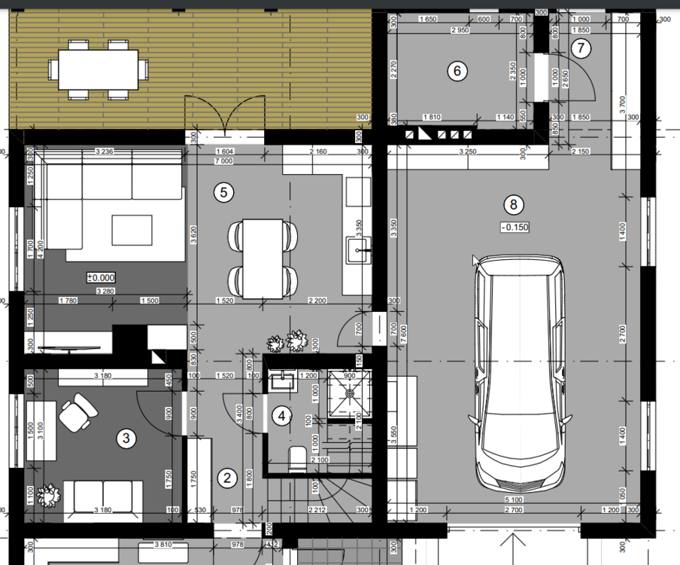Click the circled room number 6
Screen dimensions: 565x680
(x=457, y=72)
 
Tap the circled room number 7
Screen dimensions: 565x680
(x=581, y=48)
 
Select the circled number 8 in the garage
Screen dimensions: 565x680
(x=513, y=204)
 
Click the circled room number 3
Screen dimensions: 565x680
(x=126, y=437)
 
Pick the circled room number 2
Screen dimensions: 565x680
(x=226, y=477)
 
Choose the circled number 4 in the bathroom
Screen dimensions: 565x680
(x=281, y=415)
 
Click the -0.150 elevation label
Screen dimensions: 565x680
(x=514, y=227)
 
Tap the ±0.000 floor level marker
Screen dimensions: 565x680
(x=100, y=277)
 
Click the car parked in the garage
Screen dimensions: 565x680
(x=520, y=377)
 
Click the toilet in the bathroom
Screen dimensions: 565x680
(x=296, y=457)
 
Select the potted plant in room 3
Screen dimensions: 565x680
(x=50, y=496)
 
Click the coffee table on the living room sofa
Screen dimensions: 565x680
(x=132, y=229)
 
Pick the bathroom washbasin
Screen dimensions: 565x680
(x=284, y=381)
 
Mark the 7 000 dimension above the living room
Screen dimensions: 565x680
(x=223, y=162)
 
